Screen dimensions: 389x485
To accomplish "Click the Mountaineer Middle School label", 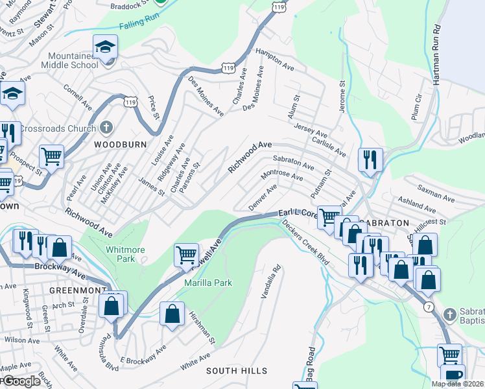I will (x=69, y=61).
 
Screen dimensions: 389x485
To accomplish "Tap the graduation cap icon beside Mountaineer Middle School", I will (x=104, y=47).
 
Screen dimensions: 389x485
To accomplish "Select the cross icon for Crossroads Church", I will (x=107, y=128).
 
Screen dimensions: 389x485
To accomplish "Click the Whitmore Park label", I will (x=121, y=253).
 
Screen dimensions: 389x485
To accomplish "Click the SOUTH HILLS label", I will (x=237, y=371).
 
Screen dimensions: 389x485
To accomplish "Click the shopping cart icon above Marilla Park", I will (x=186, y=254).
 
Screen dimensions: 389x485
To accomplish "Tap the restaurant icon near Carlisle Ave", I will (x=370, y=159).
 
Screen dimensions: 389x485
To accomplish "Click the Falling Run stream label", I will (x=139, y=25).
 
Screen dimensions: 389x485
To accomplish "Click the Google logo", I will (x=21, y=381).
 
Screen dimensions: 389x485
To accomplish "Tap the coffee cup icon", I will (x=453, y=375).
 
